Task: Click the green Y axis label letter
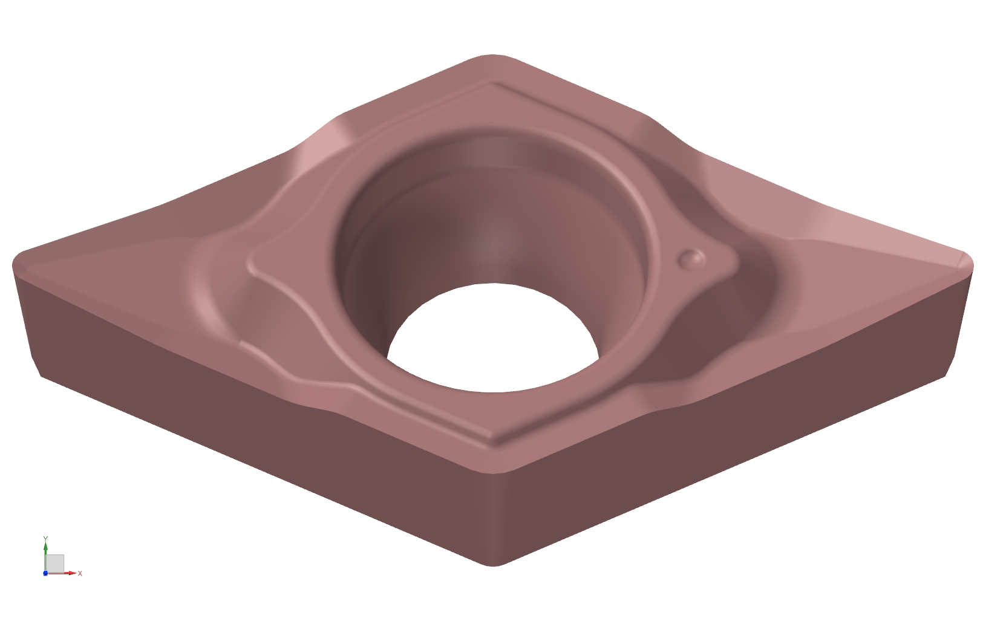pos(46,538)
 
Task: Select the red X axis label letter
pos(80,573)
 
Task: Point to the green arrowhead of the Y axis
pos(45,546)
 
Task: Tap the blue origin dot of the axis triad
pos(45,573)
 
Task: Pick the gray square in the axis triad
pos(55,564)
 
